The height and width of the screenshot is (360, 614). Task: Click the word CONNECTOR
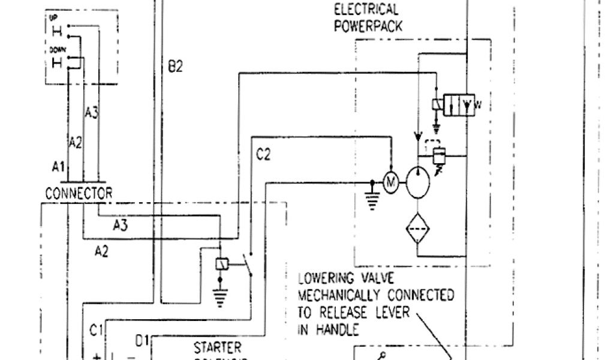[x=79, y=194]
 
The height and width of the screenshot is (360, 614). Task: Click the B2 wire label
[x=175, y=67]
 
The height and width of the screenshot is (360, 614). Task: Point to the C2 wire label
[x=263, y=155]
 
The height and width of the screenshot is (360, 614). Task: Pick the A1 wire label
[x=58, y=169]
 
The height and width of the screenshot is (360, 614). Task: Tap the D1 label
[x=142, y=341]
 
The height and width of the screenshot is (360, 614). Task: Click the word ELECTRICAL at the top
[x=366, y=10]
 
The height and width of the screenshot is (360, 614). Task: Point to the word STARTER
[x=218, y=347]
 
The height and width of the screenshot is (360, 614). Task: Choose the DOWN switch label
[x=58, y=52]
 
